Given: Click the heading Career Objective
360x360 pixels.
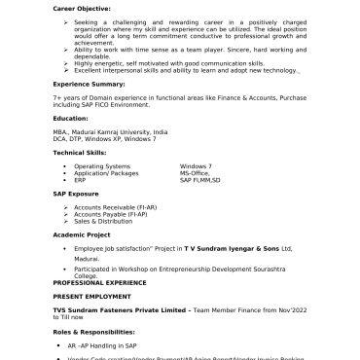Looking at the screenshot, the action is (x=82, y=11).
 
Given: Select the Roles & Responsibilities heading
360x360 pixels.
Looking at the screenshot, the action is (x=97, y=333).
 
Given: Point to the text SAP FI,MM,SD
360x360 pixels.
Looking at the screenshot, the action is (x=200, y=180).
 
